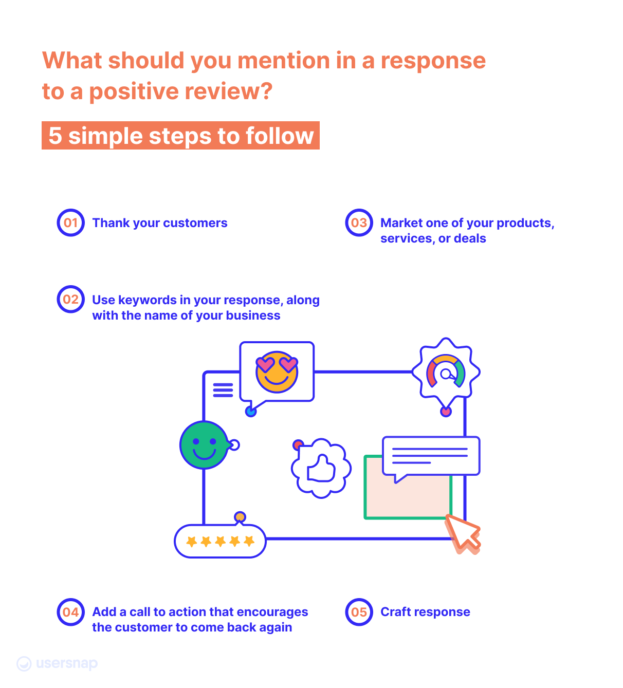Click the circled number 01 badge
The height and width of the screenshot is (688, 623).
click(70, 223)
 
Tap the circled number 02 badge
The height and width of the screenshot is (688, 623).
click(70, 300)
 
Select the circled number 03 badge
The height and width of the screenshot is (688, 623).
click(359, 223)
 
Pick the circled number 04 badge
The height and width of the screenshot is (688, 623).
click(70, 612)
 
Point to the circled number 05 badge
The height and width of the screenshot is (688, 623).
click(359, 612)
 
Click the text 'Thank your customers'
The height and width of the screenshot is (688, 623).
click(160, 223)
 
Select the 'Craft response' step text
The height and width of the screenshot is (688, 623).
click(425, 612)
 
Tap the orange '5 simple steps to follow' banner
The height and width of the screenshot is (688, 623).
click(180, 136)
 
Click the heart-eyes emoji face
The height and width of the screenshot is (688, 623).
click(277, 372)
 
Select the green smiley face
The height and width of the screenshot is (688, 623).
click(204, 445)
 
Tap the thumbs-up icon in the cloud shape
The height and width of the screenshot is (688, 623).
click(321, 468)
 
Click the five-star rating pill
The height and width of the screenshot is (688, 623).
click(220, 541)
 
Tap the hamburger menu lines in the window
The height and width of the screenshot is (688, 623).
click(223, 390)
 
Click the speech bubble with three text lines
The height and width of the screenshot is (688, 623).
click(431, 456)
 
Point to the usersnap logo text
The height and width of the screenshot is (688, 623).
click(67, 663)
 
